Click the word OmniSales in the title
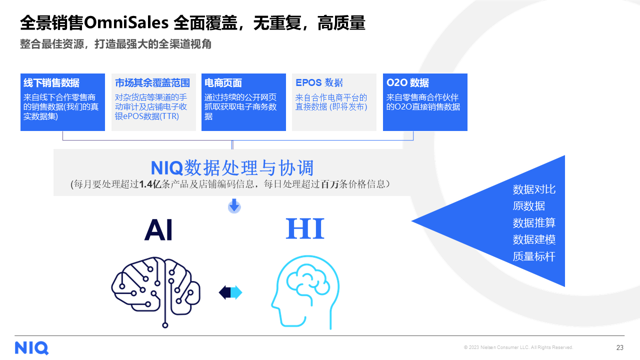point(126,22)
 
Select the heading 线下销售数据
point(51,83)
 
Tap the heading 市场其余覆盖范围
point(152,83)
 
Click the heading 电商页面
point(223,83)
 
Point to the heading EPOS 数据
point(319,82)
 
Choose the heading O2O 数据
point(407,83)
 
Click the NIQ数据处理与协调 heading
point(232,167)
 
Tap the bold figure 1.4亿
point(150,184)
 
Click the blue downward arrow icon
point(234,205)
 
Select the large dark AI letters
point(159,229)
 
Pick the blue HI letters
point(305,228)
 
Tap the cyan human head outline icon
point(305,292)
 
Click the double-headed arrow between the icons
point(230,292)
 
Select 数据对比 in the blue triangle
point(534,189)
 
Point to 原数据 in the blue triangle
point(529,206)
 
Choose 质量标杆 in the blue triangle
point(534,256)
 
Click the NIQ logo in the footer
point(31,347)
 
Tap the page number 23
point(619,347)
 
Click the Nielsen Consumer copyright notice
point(518,347)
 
